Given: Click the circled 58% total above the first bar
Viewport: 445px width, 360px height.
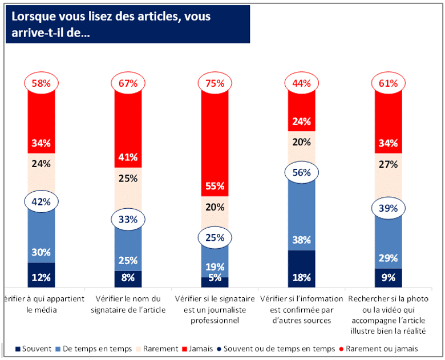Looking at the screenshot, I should click(x=41, y=83).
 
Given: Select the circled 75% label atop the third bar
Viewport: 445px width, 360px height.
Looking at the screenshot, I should click(x=215, y=83).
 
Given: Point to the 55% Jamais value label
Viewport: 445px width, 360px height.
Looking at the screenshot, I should click(x=215, y=186).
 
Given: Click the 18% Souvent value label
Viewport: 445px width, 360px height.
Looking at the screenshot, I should click(x=301, y=278).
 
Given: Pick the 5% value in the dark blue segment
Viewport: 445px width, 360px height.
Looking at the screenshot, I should click(x=215, y=278).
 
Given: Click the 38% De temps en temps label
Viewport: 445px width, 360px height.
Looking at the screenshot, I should click(x=301, y=240).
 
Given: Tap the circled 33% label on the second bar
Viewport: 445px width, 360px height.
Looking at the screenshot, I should click(x=128, y=219).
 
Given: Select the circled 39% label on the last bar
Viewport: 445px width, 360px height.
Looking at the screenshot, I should click(x=388, y=209).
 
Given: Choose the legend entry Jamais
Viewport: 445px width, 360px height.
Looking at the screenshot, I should click(x=200, y=348).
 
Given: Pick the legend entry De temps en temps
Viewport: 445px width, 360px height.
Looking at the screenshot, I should click(x=96, y=348).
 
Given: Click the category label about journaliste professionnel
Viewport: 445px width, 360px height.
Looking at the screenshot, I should click(x=215, y=309).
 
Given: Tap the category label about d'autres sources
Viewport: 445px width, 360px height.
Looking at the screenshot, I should click(x=301, y=309).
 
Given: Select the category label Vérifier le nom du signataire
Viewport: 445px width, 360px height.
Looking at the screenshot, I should click(x=128, y=304).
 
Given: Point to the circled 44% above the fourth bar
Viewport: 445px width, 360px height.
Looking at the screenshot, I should click(x=301, y=83).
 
